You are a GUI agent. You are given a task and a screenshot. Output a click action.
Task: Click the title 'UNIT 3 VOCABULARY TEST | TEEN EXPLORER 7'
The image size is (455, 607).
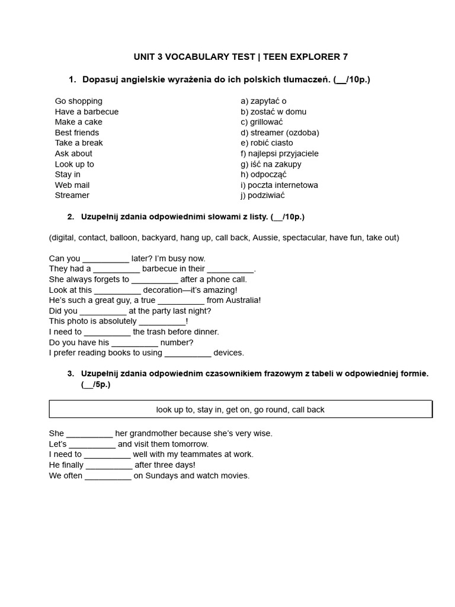point(241,57)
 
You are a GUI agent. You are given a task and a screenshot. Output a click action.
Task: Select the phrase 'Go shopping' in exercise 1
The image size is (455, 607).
point(78,101)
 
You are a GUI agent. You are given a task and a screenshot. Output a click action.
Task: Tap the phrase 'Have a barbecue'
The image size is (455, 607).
point(86,111)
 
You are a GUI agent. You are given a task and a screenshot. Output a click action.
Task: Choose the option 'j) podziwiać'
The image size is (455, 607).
point(263,195)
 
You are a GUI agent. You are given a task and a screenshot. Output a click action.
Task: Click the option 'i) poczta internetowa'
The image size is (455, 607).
point(279,185)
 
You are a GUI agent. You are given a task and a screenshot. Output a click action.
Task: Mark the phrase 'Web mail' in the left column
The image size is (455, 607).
point(72,185)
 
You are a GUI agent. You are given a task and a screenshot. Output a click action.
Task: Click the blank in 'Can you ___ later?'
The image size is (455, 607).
point(105,259)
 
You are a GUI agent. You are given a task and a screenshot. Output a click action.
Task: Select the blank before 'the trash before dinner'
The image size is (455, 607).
point(107,333)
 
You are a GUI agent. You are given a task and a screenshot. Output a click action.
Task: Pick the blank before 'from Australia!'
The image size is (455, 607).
point(181,301)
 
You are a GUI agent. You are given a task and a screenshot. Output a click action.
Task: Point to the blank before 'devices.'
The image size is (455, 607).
point(188,353)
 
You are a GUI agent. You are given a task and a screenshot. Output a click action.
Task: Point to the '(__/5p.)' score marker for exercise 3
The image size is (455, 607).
point(95,385)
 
